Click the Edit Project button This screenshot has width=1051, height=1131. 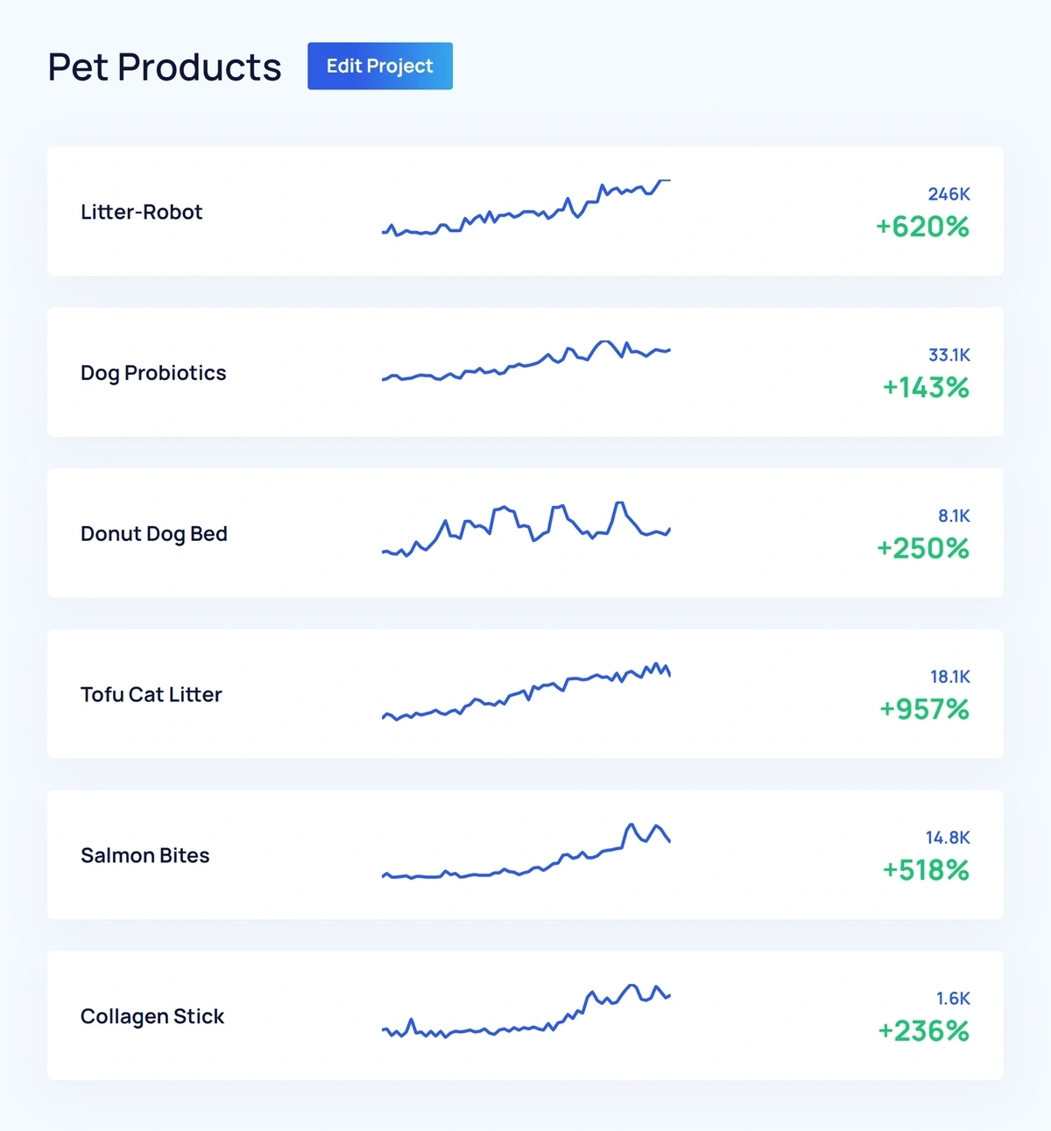click(379, 67)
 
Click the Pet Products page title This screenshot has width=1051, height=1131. click(165, 67)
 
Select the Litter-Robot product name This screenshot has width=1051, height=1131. click(141, 212)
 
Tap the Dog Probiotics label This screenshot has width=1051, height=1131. click(153, 373)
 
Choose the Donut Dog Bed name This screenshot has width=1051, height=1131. click(154, 534)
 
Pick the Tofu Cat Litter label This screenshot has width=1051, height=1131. click(152, 694)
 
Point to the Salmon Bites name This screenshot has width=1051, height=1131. click(145, 855)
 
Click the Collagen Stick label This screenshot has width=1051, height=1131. click(152, 1016)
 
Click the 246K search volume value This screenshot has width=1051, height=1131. click(949, 194)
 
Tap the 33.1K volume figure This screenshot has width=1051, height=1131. click(949, 355)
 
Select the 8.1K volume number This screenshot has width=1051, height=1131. click(954, 516)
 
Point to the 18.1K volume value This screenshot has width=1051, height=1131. click(950, 677)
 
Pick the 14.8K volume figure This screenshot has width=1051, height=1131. click(948, 838)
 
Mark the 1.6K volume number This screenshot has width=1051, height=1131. click(953, 999)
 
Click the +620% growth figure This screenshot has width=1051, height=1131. click(922, 227)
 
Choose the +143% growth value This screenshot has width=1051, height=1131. click(925, 388)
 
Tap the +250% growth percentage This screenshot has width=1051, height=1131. click(923, 549)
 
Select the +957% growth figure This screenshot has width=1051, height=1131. click(924, 709)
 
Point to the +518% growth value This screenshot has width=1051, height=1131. click(925, 870)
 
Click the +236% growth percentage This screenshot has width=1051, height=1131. click(923, 1031)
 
